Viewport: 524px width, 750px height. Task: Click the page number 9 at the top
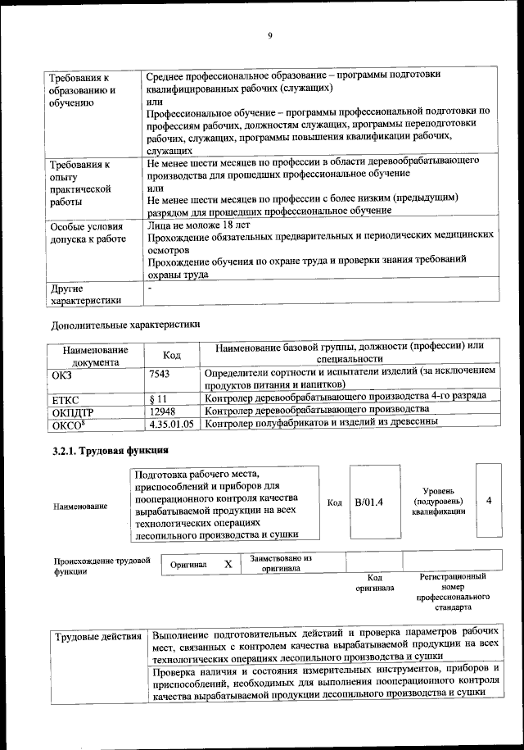pos(269,34)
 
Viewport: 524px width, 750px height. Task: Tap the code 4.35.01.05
pos(172,423)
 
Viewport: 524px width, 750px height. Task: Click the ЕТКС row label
pos(65,398)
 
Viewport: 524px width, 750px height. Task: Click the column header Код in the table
pos(172,354)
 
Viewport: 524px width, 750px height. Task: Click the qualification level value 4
pos(489,500)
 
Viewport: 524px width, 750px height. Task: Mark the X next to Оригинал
pos(228,564)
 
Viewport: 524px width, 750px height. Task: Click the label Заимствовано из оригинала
pos(282,562)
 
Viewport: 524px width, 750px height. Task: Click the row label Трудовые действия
pos(95,638)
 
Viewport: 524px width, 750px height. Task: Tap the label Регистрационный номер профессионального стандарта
pos(453,593)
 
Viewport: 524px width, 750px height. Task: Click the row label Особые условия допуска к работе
pos(88,233)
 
